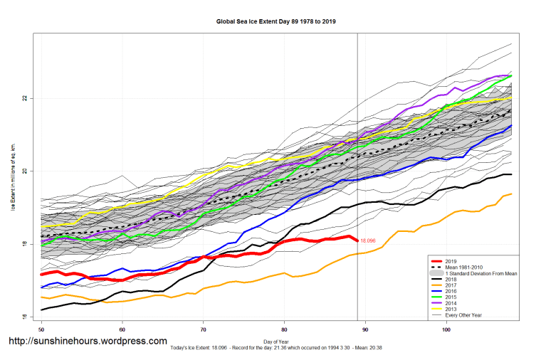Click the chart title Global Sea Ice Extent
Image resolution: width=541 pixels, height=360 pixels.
click(x=276, y=21)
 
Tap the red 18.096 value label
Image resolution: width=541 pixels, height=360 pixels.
click(x=368, y=241)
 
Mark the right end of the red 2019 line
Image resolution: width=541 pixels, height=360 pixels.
click(x=357, y=240)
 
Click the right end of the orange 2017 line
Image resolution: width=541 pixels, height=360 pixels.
click(x=511, y=194)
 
